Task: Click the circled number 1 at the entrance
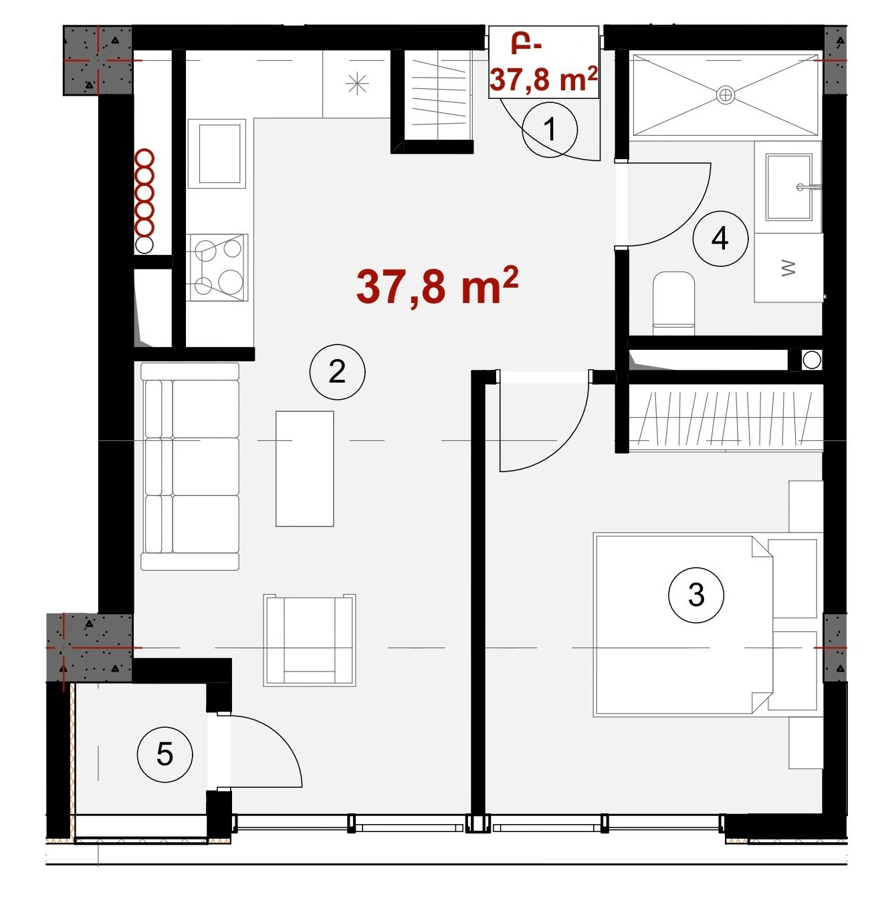[x=550, y=130]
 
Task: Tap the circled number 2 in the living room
[x=337, y=372]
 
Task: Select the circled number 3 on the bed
[x=696, y=595]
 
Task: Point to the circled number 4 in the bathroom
[x=720, y=239]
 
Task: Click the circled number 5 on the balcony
[x=165, y=754]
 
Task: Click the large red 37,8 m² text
[x=437, y=286]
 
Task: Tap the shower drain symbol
[x=725, y=95]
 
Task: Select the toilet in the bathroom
[x=673, y=304]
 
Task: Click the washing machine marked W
[x=788, y=268]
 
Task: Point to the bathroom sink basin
[x=788, y=187]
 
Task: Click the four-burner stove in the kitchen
[x=217, y=268]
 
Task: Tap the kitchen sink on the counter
[x=216, y=154]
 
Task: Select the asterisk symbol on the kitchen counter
[x=357, y=84]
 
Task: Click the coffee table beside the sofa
[x=305, y=469]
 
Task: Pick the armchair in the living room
[x=310, y=640]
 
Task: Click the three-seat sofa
[x=190, y=466]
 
